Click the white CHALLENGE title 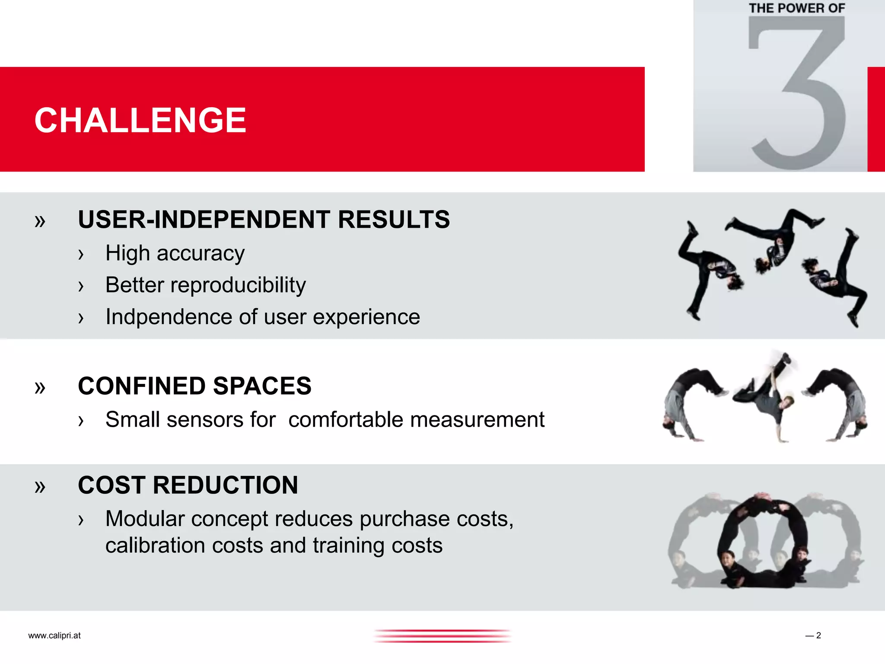tap(140, 120)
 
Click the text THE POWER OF tap(797, 8)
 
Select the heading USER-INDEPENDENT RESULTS tap(264, 220)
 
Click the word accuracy tap(201, 254)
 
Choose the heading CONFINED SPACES tap(194, 386)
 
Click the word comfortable tap(345, 420)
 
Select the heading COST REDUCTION tap(188, 485)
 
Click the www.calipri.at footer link tap(54, 635)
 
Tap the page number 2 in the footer tap(818, 635)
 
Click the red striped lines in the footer tap(442, 636)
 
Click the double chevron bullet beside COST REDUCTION tap(40, 487)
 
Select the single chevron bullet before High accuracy tap(81, 255)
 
